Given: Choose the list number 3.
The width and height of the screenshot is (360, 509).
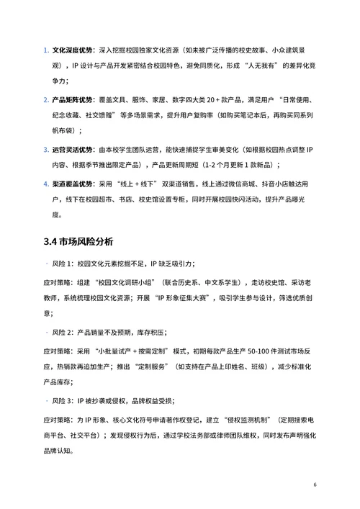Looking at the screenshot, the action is (x=45, y=150).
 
